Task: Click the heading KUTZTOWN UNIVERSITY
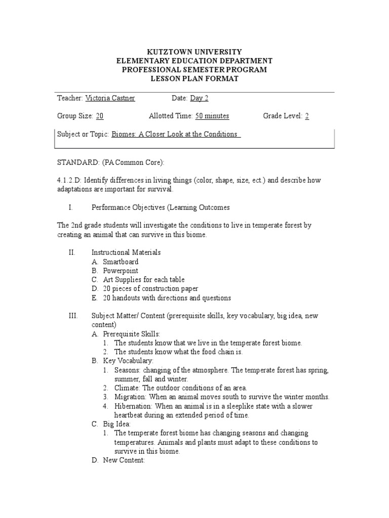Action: [x=194, y=52]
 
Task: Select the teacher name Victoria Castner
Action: [x=110, y=98]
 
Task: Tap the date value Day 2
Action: [x=199, y=98]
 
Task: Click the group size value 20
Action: [x=100, y=116]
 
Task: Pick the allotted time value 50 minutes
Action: [x=212, y=116]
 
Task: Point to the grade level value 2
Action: [x=307, y=116]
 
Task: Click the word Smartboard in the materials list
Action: [x=121, y=262]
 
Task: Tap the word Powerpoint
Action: [x=121, y=271]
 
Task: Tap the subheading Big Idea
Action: [x=117, y=424]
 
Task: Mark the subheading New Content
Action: [x=124, y=460]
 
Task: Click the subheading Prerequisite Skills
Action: [x=132, y=334]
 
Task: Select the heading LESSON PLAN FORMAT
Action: [x=194, y=78]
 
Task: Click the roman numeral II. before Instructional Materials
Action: [x=71, y=252]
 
